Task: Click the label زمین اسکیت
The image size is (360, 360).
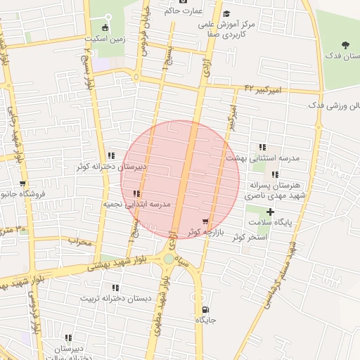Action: (105, 39)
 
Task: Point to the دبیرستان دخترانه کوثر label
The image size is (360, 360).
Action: (112, 167)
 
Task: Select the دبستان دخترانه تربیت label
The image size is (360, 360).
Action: (116, 298)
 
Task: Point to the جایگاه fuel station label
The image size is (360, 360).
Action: (205, 320)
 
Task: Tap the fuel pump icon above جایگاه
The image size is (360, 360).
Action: (205, 309)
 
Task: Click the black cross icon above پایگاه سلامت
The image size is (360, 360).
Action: (271, 212)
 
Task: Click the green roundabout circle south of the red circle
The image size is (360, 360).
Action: (169, 259)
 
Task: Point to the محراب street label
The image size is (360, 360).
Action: (80, 242)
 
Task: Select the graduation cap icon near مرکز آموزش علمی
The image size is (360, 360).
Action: (226, 14)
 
